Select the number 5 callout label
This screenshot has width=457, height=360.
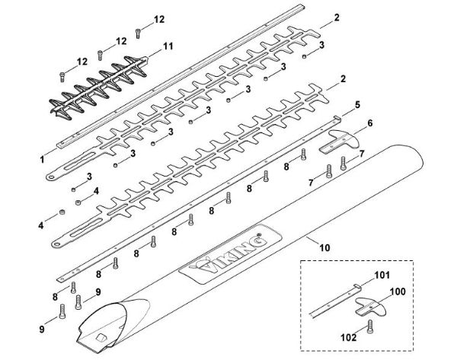357,104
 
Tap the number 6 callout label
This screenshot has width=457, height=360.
369,122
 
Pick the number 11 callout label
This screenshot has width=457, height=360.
168,46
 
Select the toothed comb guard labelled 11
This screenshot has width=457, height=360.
99,86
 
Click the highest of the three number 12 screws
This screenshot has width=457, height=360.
137,32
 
